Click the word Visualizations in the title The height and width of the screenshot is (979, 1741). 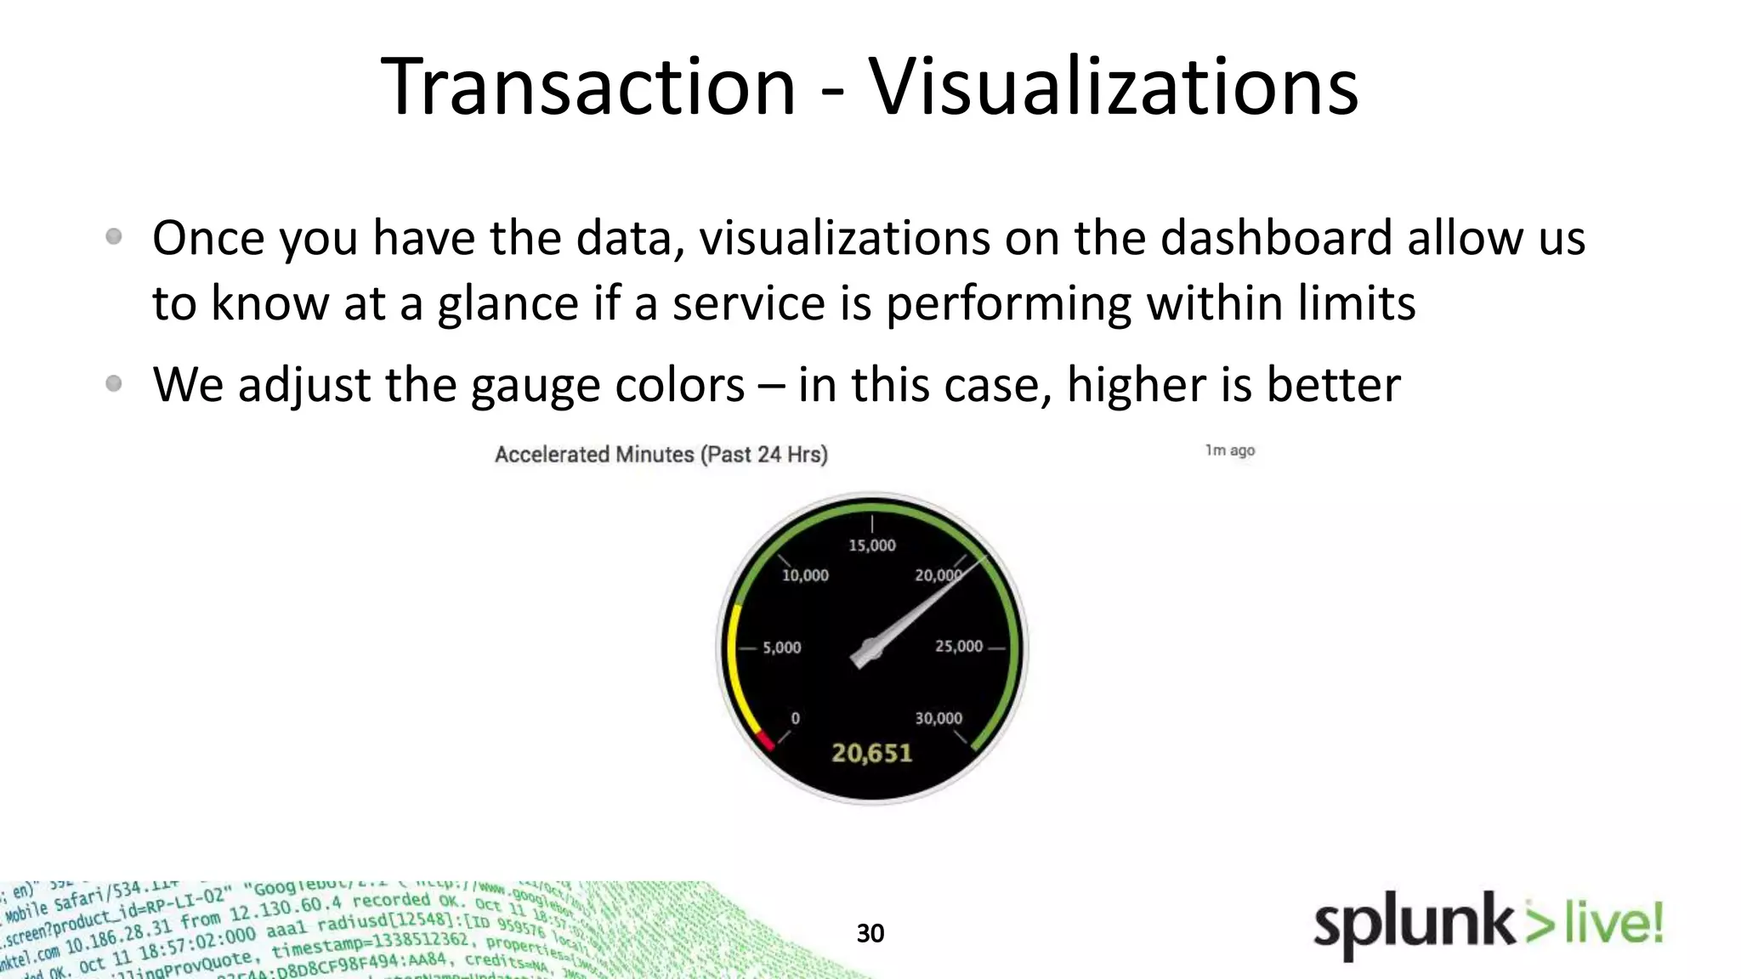[x=1113, y=87]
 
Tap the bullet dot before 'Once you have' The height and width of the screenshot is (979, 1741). [x=114, y=237]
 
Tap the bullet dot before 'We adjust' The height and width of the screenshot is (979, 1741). [x=114, y=384]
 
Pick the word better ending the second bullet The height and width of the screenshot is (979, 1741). [x=1333, y=384]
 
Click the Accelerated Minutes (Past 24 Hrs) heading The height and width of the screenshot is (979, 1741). [x=661, y=455]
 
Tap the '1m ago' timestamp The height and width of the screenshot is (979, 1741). [x=1229, y=450]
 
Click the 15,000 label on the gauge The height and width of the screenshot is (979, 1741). [x=871, y=546]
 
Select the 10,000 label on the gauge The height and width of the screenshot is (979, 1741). [x=804, y=575]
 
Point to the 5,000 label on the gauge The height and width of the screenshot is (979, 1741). [x=781, y=648]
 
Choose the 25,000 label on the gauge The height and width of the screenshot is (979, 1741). [x=958, y=647]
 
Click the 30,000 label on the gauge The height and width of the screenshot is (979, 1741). [x=938, y=719]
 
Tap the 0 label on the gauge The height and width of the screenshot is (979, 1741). [x=795, y=719]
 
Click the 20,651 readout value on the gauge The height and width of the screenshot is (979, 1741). [x=871, y=754]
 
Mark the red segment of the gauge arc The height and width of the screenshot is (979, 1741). [x=766, y=739]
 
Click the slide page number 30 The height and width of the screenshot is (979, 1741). [x=870, y=933]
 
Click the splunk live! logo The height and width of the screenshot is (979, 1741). [x=1487, y=925]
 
